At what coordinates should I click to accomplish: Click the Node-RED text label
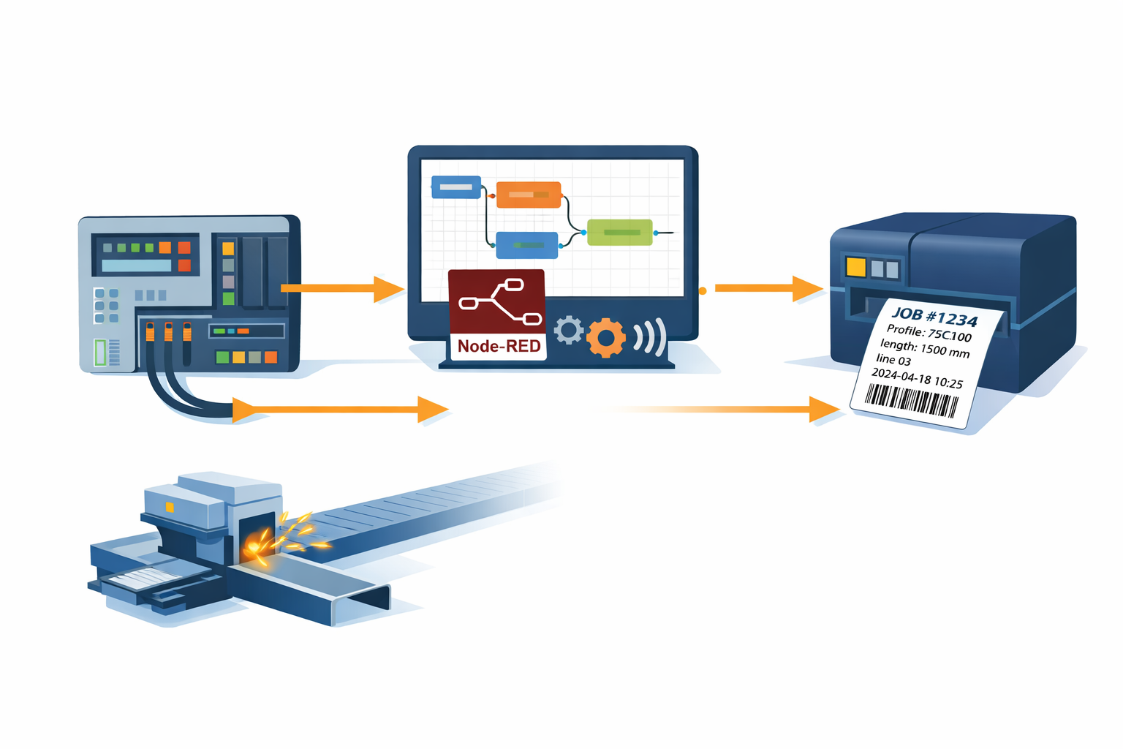click(499, 346)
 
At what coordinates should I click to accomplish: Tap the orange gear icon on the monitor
click(605, 337)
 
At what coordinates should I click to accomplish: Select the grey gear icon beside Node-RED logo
click(569, 330)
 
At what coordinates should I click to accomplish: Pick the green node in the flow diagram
click(619, 233)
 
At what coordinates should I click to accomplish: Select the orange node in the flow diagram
click(529, 195)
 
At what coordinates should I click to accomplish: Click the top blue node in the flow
click(456, 187)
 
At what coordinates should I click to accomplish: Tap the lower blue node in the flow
click(526, 245)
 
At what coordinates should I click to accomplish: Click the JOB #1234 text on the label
click(934, 317)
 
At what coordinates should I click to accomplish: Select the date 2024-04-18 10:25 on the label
click(917, 378)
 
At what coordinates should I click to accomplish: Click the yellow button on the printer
click(855, 266)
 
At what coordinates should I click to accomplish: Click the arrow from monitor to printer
click(768, 288)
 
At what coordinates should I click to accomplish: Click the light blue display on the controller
click(136, 266)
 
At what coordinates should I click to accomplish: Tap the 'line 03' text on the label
click(893, 360)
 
